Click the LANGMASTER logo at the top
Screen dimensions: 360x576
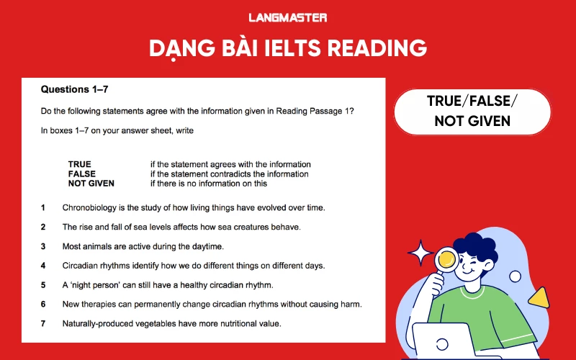coord(287,17)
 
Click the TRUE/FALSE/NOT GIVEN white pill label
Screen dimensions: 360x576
coord(472,112)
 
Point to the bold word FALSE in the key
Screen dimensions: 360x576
coord(81,174)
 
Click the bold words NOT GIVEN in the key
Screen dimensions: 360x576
coord(91,184)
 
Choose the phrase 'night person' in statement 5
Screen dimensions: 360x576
coord(96,285)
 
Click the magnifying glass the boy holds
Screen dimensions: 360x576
coord(447,257)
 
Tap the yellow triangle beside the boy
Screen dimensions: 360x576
coord(537,296)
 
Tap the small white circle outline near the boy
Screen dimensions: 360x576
coord(515,276)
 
